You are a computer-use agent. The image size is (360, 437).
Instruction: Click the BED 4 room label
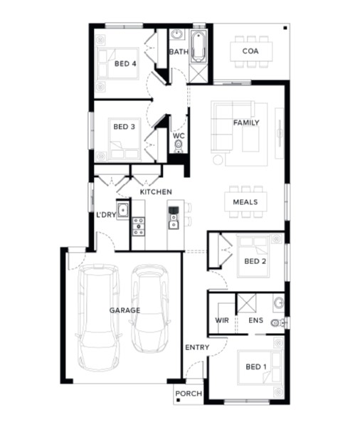(x=125, y=64)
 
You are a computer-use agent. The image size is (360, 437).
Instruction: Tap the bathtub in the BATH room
(x=198, y=47)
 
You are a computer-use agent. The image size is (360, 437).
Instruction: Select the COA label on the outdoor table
(x=250, y=51)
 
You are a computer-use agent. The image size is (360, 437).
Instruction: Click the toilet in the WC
(x=179, y=147)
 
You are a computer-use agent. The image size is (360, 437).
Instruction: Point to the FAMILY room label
(x=246, y=122)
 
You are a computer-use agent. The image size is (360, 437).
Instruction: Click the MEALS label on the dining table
(x=245, y=202)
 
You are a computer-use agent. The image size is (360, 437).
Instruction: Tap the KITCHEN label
(x=156, y=191)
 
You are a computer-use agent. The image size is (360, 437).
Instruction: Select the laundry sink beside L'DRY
(x=122, y=210)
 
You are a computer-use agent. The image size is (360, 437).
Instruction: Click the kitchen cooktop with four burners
(x=139, y=226)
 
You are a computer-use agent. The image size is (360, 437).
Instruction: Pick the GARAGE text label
(x=125, y=310)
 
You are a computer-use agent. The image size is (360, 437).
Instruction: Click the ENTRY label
(x=197, y=347)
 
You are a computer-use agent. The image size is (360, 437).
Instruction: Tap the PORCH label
(x=189, y=394)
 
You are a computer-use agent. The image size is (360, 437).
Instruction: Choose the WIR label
(x=222, y=320)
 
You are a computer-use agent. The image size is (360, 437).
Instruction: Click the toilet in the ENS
(x=277, y=322)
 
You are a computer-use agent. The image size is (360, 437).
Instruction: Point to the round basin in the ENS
(x=278, y=302)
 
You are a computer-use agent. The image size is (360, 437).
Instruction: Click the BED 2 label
(x=255, y=261)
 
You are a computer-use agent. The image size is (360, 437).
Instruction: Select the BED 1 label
(x=256, y=367)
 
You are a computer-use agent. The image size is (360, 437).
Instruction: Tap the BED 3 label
(x=124, y=127)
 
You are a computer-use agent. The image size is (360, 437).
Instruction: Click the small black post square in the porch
(x=178, y=400)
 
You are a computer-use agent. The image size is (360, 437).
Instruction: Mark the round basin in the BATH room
(x=176, y=35)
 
